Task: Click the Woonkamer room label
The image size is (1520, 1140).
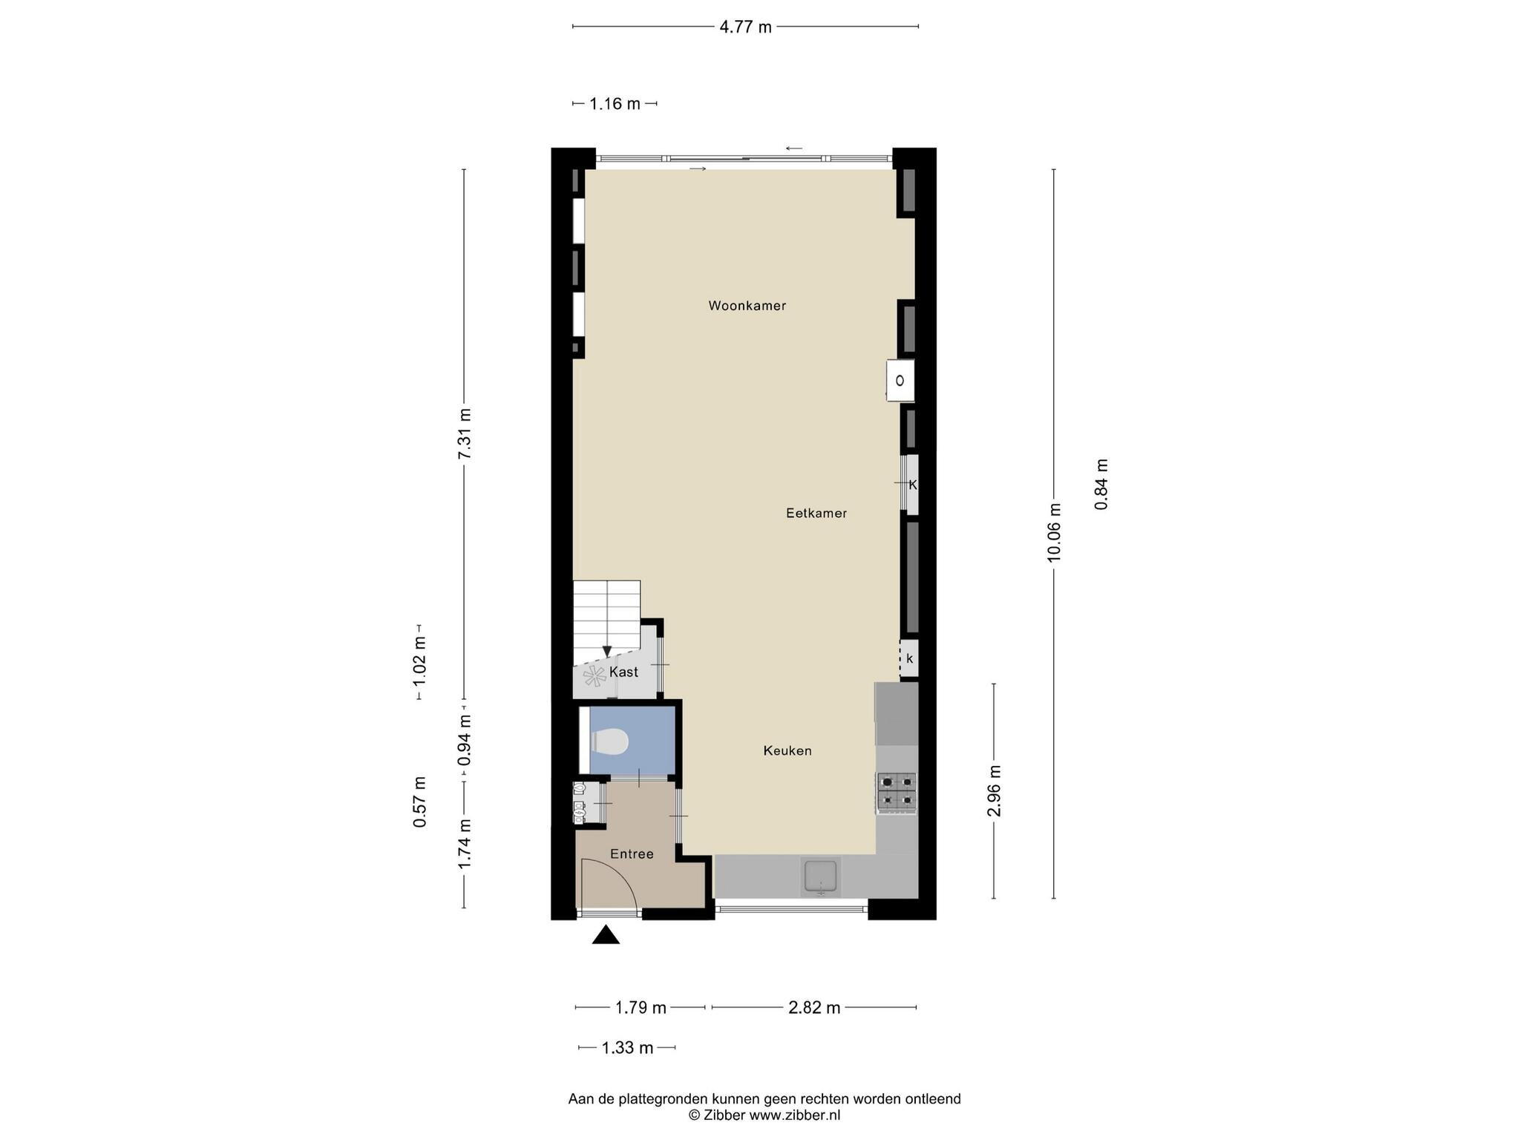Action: pos(747,306)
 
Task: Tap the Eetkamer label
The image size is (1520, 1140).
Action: pos(816,513)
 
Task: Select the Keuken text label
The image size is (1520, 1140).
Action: pos(787,751)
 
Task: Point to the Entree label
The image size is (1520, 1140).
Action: pos(632,854)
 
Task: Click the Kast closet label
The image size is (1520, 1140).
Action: pos(623,672)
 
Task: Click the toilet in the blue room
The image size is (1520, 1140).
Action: pos(609,741)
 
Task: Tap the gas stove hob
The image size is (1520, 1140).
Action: pos(897,791)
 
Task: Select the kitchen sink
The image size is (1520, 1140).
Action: pos(820,877)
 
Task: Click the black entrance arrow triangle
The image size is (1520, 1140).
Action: pos(606,934)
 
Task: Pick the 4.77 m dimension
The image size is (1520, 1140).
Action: pos(746,27)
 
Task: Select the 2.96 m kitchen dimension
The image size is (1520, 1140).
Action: pos(995,791)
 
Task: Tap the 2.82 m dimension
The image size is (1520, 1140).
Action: pos(814,1008)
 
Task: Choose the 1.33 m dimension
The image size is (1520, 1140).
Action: pos(627,1048)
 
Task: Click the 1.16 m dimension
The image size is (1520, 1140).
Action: pos(615,104)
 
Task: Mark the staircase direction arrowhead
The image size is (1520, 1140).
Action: pos(607,651)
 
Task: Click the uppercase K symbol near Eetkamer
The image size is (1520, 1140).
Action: pos(913,485)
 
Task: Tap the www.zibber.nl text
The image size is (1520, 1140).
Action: pos(794,1115)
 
